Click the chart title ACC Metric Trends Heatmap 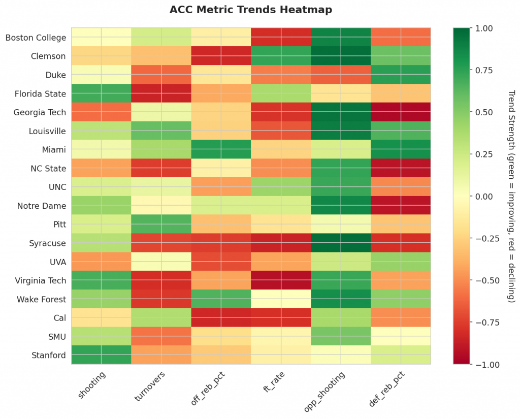[x=251, y=10]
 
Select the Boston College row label [x=36, y=38]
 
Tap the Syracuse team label [x=47, y=243]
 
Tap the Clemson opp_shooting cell [x=341, y=56]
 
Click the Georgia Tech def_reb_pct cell [x=401, y=112]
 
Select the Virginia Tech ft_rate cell [x=281, y=280]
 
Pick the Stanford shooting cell [x=101, y=355]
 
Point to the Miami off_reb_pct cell [x=221, y=150]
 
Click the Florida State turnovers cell [x=161, y=93]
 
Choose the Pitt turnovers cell [x=161, y=224]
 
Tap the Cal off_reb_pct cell [x=221, y=318]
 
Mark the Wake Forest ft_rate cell [x=281, y=299]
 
